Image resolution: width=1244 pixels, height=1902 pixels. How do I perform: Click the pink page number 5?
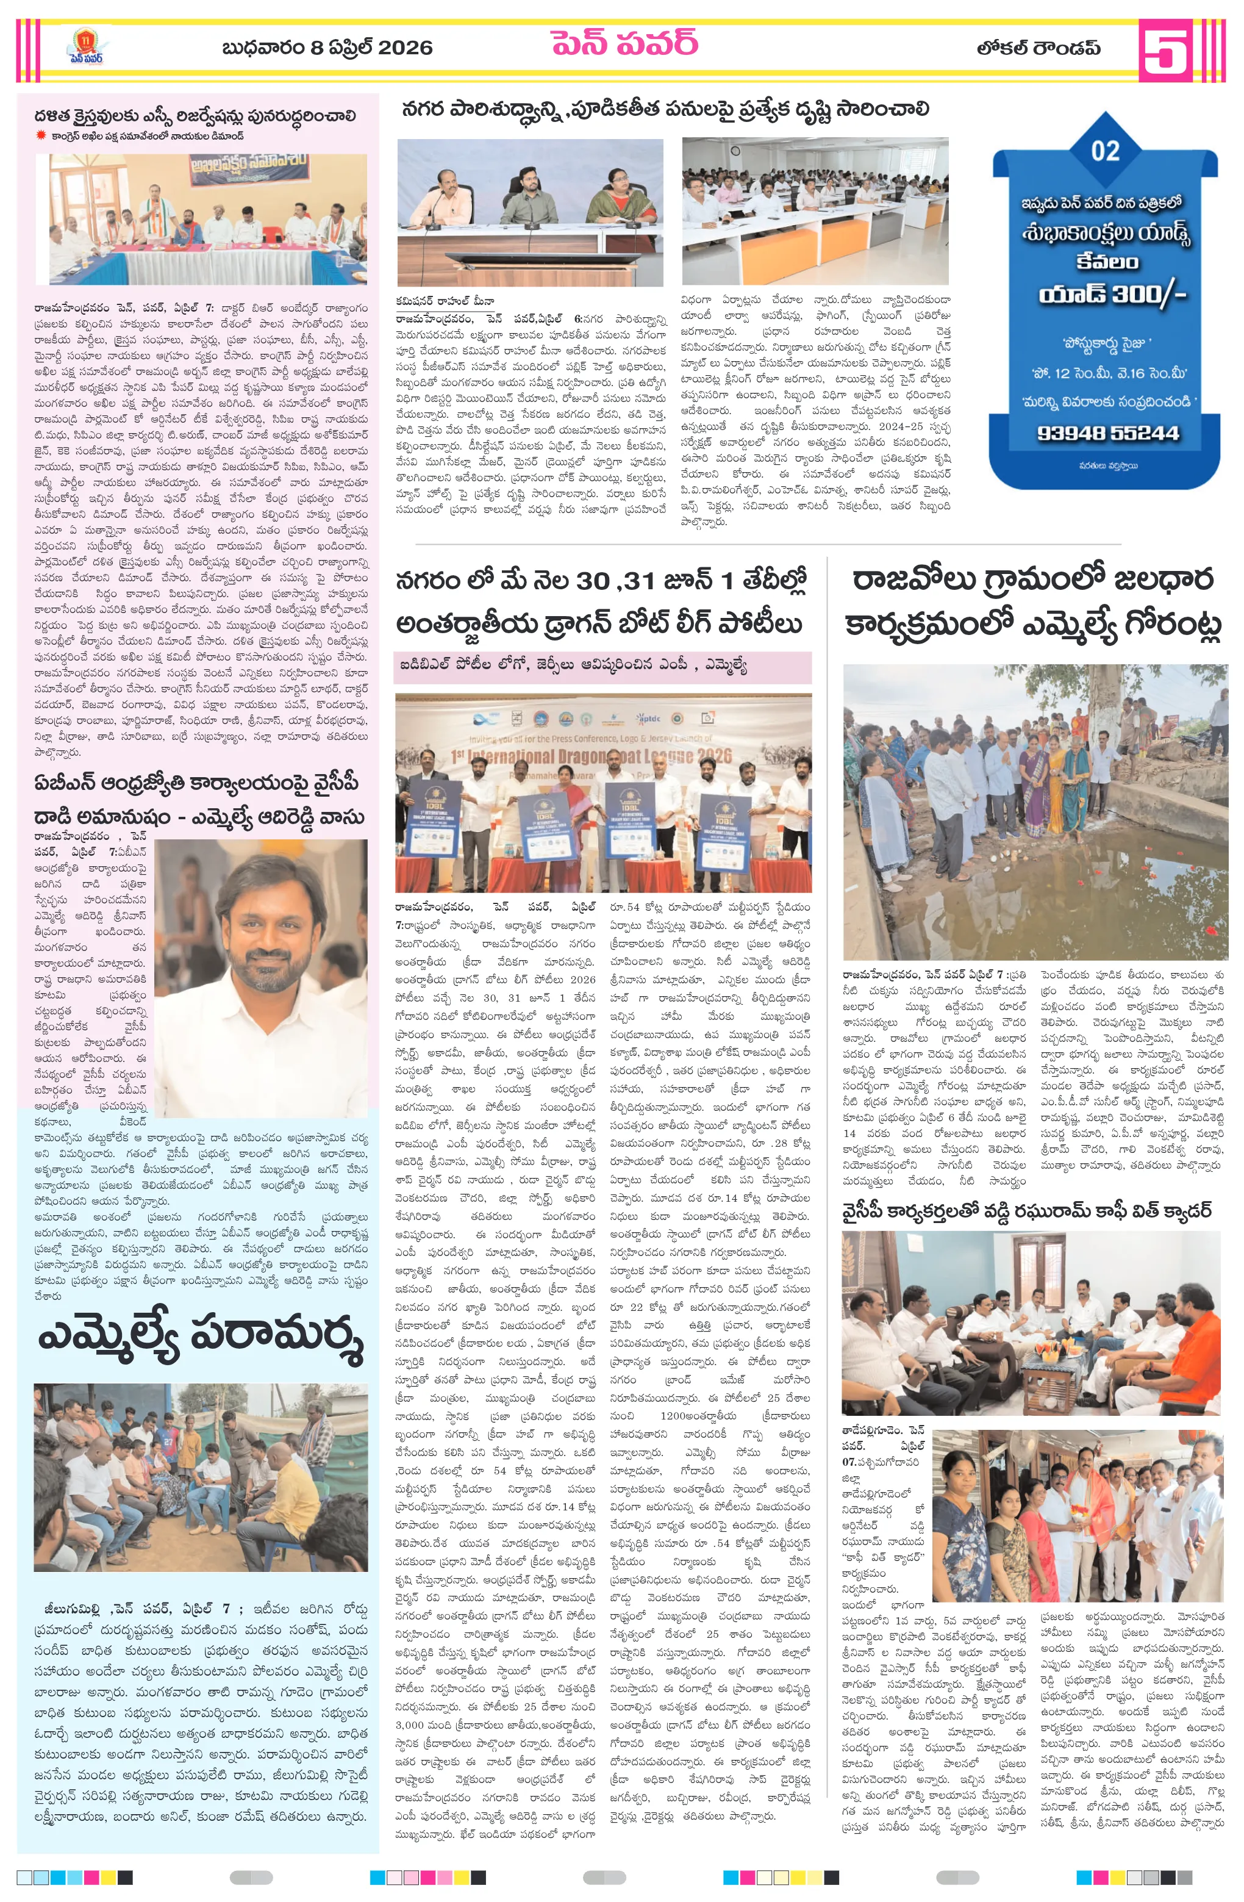pyautogui.click(x=1164, y=49)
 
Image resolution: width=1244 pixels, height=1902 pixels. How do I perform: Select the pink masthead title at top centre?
pyautogui.click(x=624, y=43)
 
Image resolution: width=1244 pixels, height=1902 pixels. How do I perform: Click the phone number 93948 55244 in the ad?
pyautogui.click(x=1107, y=433)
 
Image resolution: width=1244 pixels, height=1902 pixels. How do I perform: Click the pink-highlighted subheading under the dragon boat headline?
pyautogui.click(x=572, y=664)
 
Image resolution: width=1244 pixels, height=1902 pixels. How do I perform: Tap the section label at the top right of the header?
pyautogui.click(x=1037, y=49)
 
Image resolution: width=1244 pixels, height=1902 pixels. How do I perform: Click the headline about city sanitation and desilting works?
pyautogui.click(x=665, y=109)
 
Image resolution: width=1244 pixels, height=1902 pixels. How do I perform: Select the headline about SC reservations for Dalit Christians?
pyautogui.click(x=195, y=116)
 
